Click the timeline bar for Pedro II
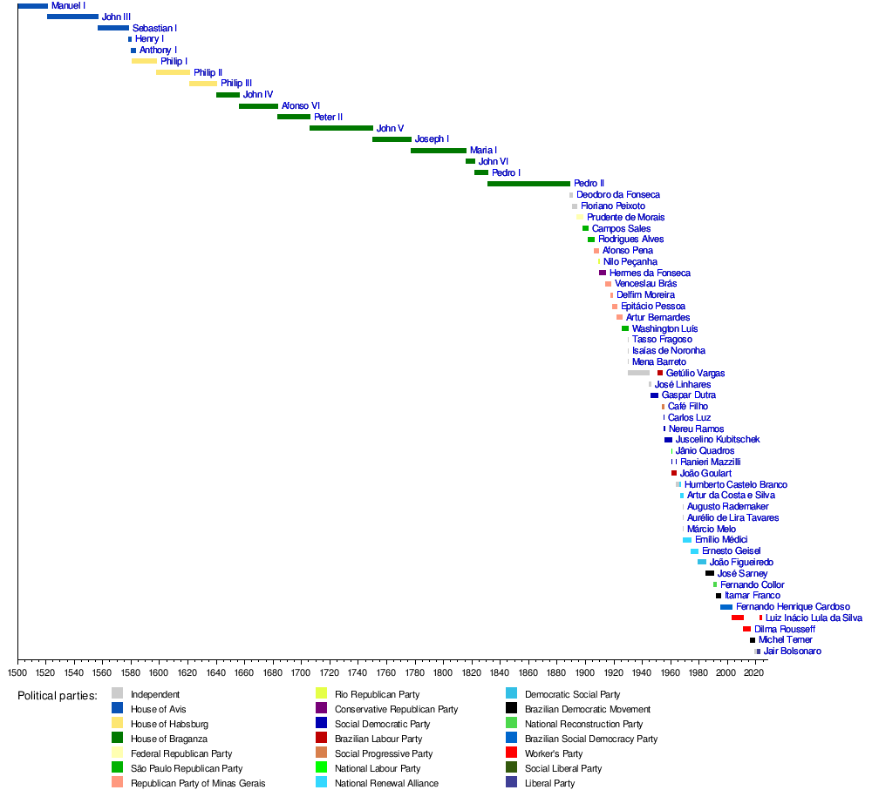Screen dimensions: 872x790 (529, 184)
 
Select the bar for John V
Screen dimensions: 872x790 (342, 128)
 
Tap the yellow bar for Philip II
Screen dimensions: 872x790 (173, 72)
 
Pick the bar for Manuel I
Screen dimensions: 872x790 (33, 6)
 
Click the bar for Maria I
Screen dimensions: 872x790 (439, 151)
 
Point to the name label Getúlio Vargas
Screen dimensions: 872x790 (695, 374)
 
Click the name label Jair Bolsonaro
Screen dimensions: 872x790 (792, 652)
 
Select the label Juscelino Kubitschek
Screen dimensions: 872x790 (718, 440)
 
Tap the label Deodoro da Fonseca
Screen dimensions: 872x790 (618, 195)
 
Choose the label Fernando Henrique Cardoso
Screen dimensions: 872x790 (793, 607)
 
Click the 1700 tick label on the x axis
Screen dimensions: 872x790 (301, 672)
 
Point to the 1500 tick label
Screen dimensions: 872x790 (17, 672)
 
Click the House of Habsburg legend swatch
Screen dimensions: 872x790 (118, 723)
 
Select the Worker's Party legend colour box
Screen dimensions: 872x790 (512, 753)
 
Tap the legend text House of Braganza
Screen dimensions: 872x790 (169, 739)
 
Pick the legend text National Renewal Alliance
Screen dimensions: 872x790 (386, 783)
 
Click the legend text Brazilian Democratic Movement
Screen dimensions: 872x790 (587, 710)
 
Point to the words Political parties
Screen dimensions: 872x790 (58, 696)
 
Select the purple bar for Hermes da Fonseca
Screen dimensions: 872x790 (603, 273)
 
